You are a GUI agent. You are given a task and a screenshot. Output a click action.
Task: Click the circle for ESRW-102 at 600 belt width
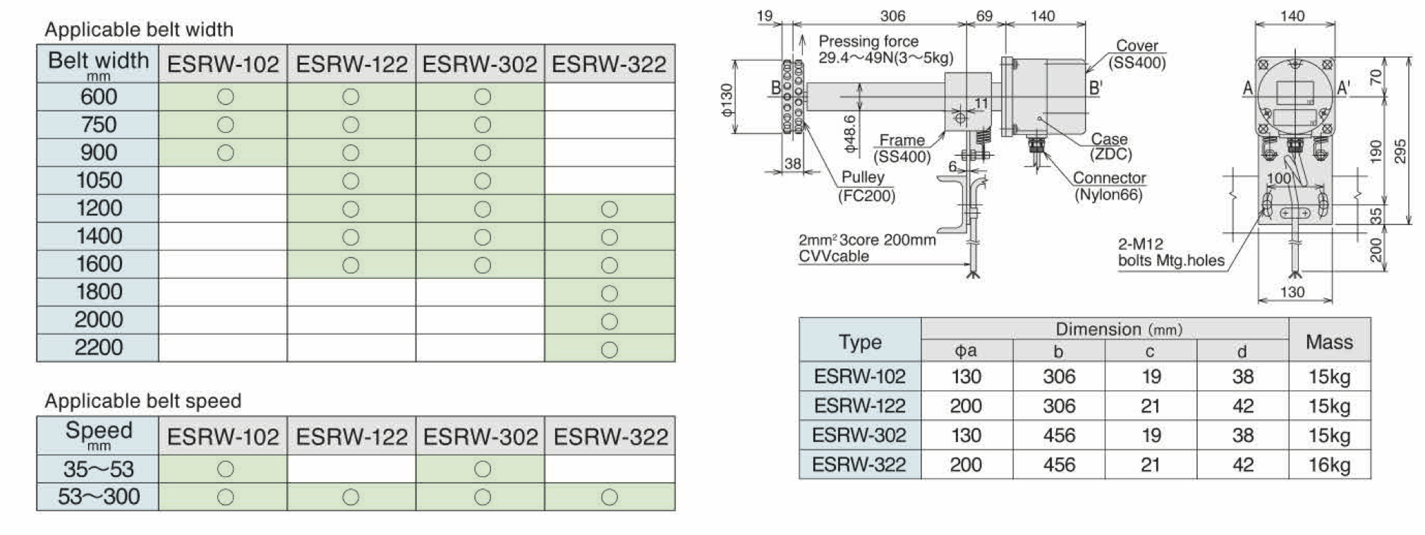(x=225, y=97)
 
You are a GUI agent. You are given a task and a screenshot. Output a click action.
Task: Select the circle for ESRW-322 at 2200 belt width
(x=610, y=349)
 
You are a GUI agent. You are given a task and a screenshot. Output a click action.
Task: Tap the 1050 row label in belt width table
(x=99, y=180)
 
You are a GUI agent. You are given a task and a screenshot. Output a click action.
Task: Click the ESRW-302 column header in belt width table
(x=480, y=64)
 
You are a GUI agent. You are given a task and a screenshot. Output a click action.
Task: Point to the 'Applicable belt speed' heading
(x=142, y=401)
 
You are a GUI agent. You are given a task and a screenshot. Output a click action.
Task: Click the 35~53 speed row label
(x=99, y=469)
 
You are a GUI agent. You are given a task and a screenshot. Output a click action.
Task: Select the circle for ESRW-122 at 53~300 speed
(x=351, y=497)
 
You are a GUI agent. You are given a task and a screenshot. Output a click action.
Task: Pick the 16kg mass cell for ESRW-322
(x=1329, y=464)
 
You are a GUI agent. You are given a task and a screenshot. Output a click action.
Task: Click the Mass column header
(x=1329, y=342)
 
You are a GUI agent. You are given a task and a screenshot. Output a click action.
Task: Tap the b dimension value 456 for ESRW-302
(x=1059, y=435)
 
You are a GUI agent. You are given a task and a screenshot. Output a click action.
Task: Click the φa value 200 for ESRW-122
(x=966, y=406)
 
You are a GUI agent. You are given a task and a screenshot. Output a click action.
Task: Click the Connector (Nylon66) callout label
(x=1108, y=186)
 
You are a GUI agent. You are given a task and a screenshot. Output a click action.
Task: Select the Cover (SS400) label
(x=1136, y=54)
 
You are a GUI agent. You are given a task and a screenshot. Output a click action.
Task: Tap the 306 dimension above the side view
(x=892, y=16)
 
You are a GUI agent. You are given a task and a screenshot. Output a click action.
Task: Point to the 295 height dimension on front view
(x=1400, y=150)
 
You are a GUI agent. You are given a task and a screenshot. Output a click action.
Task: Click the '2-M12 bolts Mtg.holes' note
(x=1170, y=253)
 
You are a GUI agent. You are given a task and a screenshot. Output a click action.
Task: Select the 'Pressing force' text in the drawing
(x=868, y=41)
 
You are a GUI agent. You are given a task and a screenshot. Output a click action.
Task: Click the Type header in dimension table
(x=860, y=342)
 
